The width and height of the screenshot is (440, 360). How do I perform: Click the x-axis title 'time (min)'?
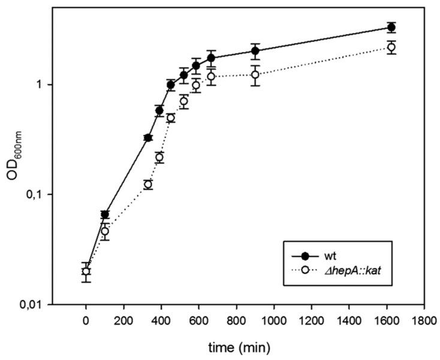coord(240,346)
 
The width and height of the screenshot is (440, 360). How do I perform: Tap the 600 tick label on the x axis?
coord(199,321)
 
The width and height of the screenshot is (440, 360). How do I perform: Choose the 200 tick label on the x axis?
coord(123,321)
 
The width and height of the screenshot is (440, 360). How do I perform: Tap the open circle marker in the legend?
coord(305,272)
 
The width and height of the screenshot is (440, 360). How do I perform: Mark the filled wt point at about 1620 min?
coord(391,27)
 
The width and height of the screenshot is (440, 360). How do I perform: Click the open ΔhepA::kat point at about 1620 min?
coord(391,47)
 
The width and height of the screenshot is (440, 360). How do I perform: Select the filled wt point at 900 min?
coord(255,50)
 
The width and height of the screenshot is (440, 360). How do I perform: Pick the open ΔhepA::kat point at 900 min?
coord(255,74)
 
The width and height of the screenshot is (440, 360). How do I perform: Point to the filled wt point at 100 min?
coord(105,214)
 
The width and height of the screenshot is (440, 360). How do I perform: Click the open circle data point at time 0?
coord(86,271)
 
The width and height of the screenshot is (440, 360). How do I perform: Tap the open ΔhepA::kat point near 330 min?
coord(148,184)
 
